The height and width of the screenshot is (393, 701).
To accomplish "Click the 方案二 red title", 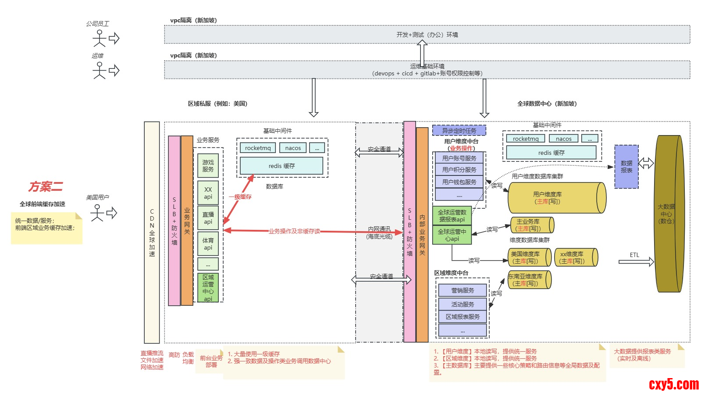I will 46,187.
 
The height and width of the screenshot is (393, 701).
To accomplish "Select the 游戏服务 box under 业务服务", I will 208,166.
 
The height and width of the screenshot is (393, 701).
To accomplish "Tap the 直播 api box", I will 208,218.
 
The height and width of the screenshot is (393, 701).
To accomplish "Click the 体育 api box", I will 208,244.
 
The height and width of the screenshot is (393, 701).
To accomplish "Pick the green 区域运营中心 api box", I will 208,288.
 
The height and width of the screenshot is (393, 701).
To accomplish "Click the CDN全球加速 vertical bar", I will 152,232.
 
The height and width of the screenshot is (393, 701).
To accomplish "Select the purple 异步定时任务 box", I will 459,130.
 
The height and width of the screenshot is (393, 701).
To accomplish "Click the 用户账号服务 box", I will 459,158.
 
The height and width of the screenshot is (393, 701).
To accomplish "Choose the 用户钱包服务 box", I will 459,182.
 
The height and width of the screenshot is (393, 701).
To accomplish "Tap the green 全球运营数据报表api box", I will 452,215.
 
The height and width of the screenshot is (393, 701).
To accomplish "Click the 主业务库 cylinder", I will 530,225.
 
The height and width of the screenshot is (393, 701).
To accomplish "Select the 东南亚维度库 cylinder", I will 528,280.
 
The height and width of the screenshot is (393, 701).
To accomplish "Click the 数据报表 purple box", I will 626,167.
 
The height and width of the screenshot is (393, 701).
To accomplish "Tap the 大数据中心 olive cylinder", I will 669,214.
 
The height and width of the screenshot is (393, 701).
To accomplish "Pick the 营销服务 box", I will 463,290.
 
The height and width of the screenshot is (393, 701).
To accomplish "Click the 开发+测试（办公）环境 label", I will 427,35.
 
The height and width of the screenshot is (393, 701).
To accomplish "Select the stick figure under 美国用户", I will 97,213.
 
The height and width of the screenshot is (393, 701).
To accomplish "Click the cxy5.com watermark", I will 673,384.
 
